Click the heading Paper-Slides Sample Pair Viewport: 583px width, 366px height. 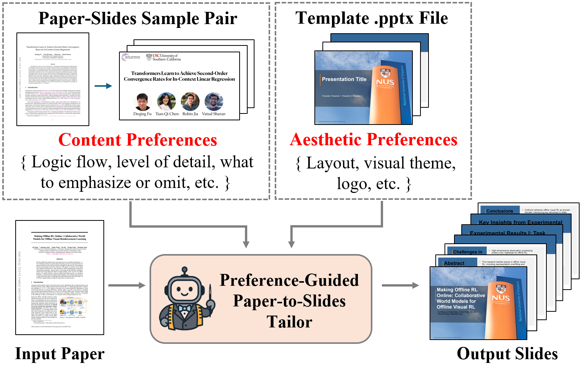pyautogui.click(x=138, y=19)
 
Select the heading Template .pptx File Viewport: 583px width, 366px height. pyautogui.click(x=372, y=18)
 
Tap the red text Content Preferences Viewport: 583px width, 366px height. pyautogui.click(x=138, y=140)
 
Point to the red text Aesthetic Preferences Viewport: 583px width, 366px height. pyautogui.click(x=374, y=140)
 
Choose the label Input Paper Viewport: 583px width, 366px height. pyautogui.click(x=60, y=354)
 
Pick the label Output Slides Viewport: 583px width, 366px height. pyautogui.click(x=507, y=354)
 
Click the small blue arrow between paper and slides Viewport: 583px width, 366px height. pyautogui.click(x=103, y=86)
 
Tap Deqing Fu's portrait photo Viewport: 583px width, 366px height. pyautogui.click(x=142, y=102)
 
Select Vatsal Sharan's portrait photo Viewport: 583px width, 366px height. pyautogui.click(x=214, y=102)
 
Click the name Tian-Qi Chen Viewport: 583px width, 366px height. pyautogui.click(x=167, y=114)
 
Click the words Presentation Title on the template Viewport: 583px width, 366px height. pyautogui.click(x=344, y=79)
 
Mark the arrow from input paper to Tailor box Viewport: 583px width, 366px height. pyautogui.click(x=127, y=285)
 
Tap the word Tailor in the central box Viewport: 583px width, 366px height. pyautogui.click(x=289, y=322)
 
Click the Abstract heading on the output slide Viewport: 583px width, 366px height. pyautogui.click(x=454, y=263)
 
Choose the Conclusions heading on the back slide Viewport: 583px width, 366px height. pyautogui.click(x=499, y=211)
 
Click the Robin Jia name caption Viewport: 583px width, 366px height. pyautogui.click(x=190, y=114)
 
